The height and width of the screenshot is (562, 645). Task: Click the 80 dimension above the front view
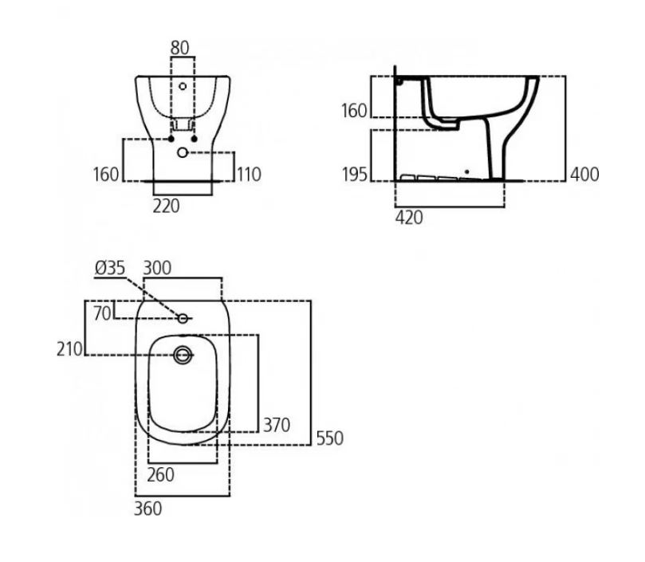click(x=180, y=48)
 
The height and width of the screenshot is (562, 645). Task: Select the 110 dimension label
click(x=250, y=174)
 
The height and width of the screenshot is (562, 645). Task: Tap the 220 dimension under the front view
click(x=167, y=206)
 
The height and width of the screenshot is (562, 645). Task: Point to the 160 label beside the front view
click(x=105, y=174)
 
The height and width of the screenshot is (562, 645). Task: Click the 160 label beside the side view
click(x=354, y=111)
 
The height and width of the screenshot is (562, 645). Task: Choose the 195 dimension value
click(x=354, y=175)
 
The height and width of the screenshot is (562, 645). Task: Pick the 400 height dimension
click(x=584, y=175)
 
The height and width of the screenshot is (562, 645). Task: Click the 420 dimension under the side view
click(x=409, y=218)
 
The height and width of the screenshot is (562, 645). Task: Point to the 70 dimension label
click(x=102, y=313)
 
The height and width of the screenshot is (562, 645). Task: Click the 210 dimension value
click(x=69, y=348)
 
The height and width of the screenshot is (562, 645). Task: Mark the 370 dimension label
click(x=277, y=424)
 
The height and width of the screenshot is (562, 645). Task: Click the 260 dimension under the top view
click(x=161, y=474)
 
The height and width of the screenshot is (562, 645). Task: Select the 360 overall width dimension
click(x=147, y=508)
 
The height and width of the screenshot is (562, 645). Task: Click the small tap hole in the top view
click(x=183, y=318)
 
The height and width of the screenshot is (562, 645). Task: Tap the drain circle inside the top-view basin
click(x=183, y=356)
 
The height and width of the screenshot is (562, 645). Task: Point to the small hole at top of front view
click(x=182, y=86)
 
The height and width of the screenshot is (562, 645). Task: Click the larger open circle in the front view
click(x=183, y=151)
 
